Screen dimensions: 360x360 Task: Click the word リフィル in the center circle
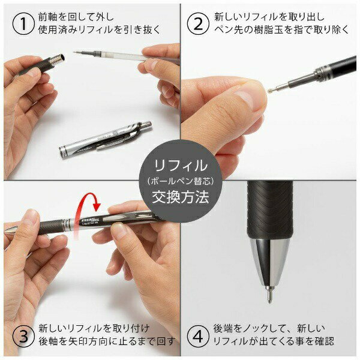pos(181,166)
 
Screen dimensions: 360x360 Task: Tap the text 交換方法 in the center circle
pos(181,197)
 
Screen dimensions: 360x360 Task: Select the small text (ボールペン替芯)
pos(181,182)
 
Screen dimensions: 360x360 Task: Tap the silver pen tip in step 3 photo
pos(12,229)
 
